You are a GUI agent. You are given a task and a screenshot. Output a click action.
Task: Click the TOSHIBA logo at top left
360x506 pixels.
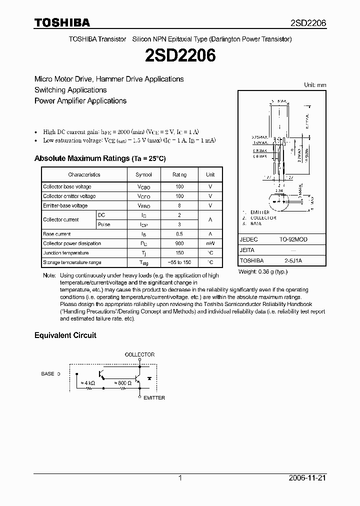[x=62, y=22]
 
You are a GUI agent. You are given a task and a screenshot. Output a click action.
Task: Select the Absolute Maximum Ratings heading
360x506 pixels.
[x=99, y=158]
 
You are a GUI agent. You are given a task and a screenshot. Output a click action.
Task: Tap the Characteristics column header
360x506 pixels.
[x=84, y=174]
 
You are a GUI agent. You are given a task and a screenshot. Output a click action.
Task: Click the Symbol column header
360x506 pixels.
[x=143, y=174]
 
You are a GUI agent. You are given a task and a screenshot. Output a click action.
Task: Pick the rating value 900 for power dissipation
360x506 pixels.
[x=179, y=243]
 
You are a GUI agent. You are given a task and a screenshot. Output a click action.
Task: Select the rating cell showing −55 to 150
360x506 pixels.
[x=179, y=262]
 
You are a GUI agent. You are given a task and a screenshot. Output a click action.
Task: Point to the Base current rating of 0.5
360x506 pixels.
[x=179, y=234]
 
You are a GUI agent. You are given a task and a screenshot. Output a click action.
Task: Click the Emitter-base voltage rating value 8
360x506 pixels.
[x=179, y=205]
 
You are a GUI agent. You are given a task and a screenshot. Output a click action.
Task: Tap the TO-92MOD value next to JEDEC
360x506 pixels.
[x=293, y=239]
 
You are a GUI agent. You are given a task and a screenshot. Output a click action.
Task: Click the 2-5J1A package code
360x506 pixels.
[x=293, y=260]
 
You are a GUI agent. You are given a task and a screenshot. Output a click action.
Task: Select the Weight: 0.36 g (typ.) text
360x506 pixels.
[x=263, y=271]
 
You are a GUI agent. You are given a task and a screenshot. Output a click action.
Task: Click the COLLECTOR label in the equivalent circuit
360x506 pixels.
[x=139, y=354]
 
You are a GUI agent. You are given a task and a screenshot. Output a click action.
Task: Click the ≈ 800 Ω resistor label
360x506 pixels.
[x=123, y=383]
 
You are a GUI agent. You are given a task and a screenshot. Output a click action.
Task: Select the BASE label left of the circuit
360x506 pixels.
[x=47, y=373]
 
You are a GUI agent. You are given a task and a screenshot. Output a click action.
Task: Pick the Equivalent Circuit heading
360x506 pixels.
[x=65, y=335]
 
